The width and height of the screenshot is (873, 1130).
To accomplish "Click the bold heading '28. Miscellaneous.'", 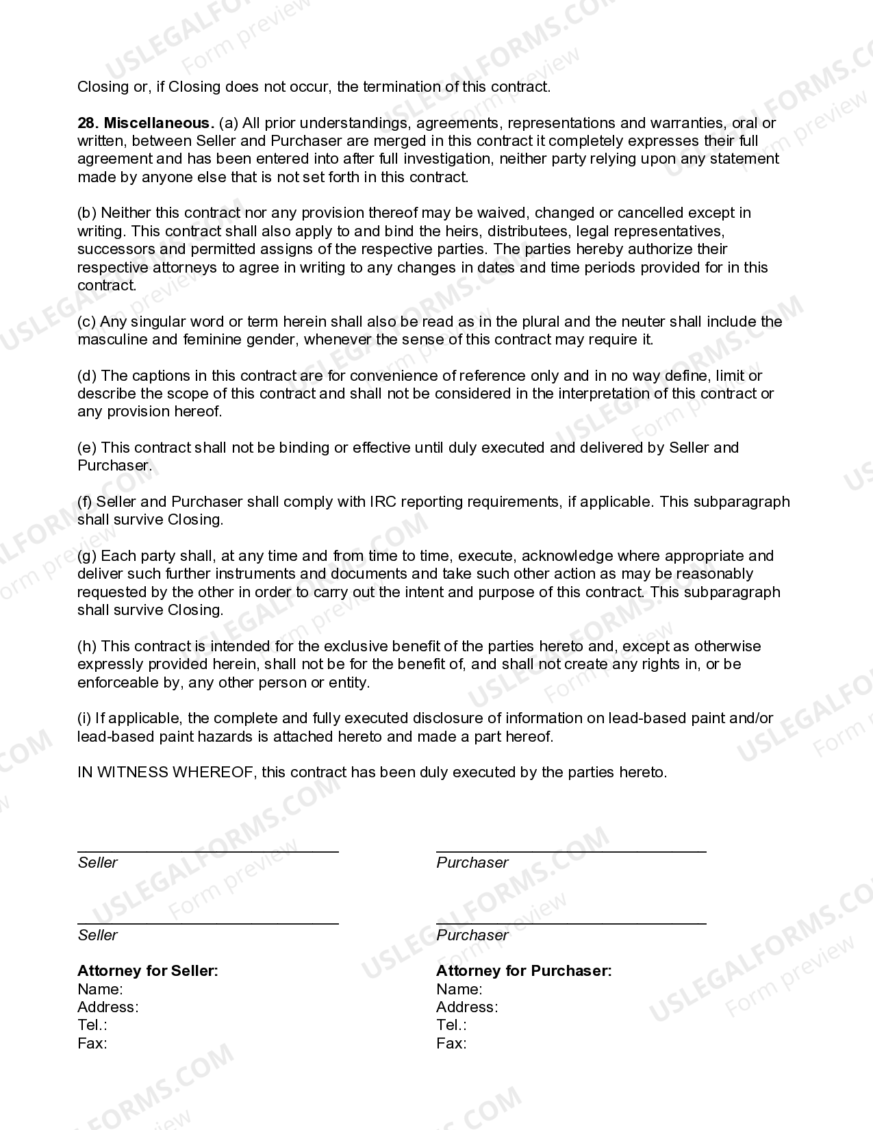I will pos(146,123).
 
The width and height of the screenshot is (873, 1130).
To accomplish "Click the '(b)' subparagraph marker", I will pos(87,213).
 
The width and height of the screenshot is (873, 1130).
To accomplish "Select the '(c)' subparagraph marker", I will pos(87,322).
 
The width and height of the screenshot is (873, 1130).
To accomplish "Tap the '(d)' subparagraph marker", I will pos(87,376).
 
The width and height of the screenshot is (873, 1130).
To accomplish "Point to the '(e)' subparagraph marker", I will pos(87,448).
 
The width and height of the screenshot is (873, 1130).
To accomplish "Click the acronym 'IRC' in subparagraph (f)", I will pos(383,502).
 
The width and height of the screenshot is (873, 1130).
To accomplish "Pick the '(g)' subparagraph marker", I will pos(87,556).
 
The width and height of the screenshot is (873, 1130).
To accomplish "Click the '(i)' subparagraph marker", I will pos(84,718).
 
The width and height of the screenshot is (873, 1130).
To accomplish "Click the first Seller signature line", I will pos(207,850).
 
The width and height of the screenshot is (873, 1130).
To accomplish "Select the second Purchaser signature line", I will pos(571,922).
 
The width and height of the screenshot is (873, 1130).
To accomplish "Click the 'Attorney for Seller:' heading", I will pos(148,971).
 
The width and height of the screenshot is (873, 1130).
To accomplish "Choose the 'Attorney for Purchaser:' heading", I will pos(524,971).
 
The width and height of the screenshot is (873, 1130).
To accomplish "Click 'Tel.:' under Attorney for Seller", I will pos(92,1025).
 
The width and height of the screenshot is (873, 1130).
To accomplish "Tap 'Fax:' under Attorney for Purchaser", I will pos(451,1044).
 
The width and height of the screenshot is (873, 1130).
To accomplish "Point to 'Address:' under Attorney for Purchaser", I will pos(467,1007).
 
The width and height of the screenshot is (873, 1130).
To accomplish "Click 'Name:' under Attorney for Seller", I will pos(100,990).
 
